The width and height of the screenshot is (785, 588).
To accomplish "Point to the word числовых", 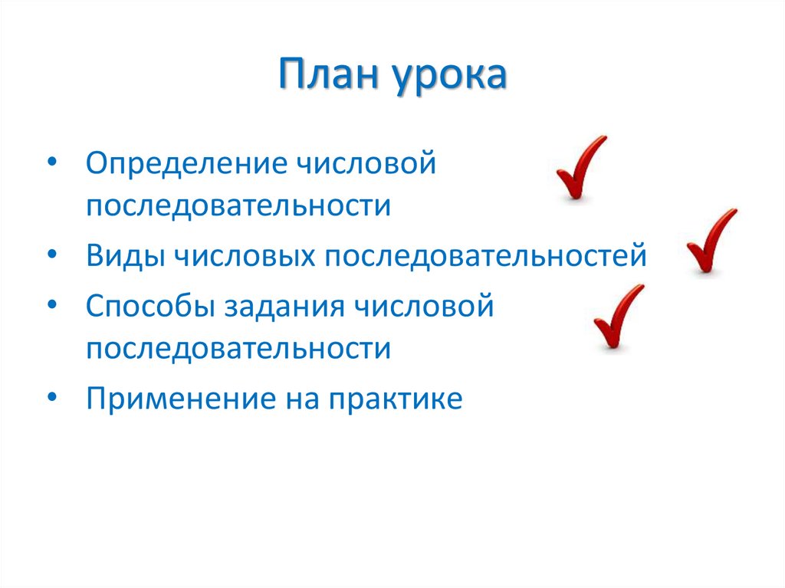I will point(246,255).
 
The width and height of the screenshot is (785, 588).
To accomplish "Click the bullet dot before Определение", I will point(51,164).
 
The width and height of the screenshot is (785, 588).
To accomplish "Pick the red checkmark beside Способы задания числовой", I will point(618,317).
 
